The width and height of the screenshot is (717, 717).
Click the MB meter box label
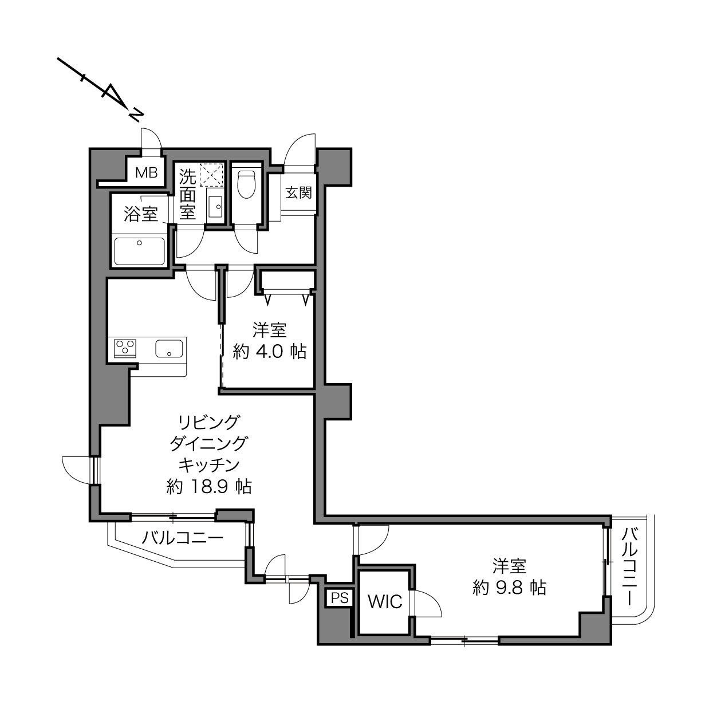coord(146,172)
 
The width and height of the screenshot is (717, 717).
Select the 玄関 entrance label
coord(298,193)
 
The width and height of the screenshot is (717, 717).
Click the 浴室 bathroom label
coord(141,214)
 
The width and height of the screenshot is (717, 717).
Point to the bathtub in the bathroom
coord(139,251)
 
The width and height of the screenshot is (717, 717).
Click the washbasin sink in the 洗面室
coord(215,207)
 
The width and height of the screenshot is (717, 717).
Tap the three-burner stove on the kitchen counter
coord(125,348)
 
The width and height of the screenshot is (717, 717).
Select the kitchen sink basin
coord(169,348)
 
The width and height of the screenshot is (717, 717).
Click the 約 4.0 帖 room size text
coord(269,351)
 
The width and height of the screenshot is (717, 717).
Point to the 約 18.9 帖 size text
coord(208,486)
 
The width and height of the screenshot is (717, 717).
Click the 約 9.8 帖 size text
coord(509,588)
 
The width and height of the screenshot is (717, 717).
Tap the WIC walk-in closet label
coord(385,602)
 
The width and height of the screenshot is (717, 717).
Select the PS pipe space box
coord(340,598)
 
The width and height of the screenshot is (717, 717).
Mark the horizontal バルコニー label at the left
coord(182,537)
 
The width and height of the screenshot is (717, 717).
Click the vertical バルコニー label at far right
coord(630,568)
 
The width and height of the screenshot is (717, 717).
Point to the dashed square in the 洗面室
coord(211,175)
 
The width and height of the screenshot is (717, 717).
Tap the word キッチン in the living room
coord(208,464)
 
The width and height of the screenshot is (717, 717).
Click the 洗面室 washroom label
coord(187,194)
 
